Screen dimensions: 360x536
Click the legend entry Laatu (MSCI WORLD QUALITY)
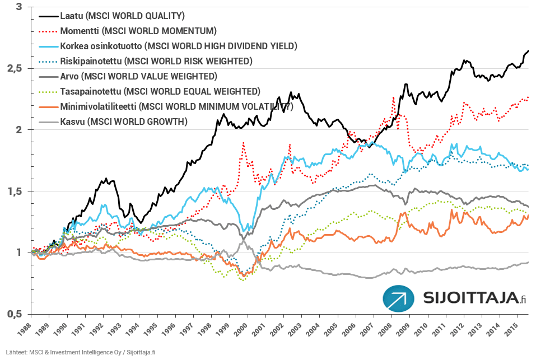(x=122, y=15)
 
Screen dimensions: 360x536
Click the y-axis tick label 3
(x=19, y=7)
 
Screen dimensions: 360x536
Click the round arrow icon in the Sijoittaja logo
(x=399, y=298)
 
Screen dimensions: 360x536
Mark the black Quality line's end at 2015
(x=528, y=51)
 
